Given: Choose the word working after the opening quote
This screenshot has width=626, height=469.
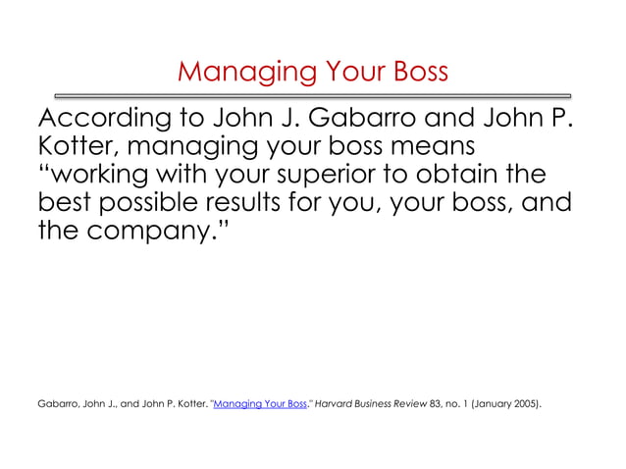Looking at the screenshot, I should pyautogui.click(x=99, y=178).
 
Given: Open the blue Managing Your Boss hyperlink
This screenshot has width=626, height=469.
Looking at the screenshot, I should pyautogui.click(x=260, y=403).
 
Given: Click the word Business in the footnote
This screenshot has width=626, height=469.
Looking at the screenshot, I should pyautogui.click(x=386, y=403).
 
